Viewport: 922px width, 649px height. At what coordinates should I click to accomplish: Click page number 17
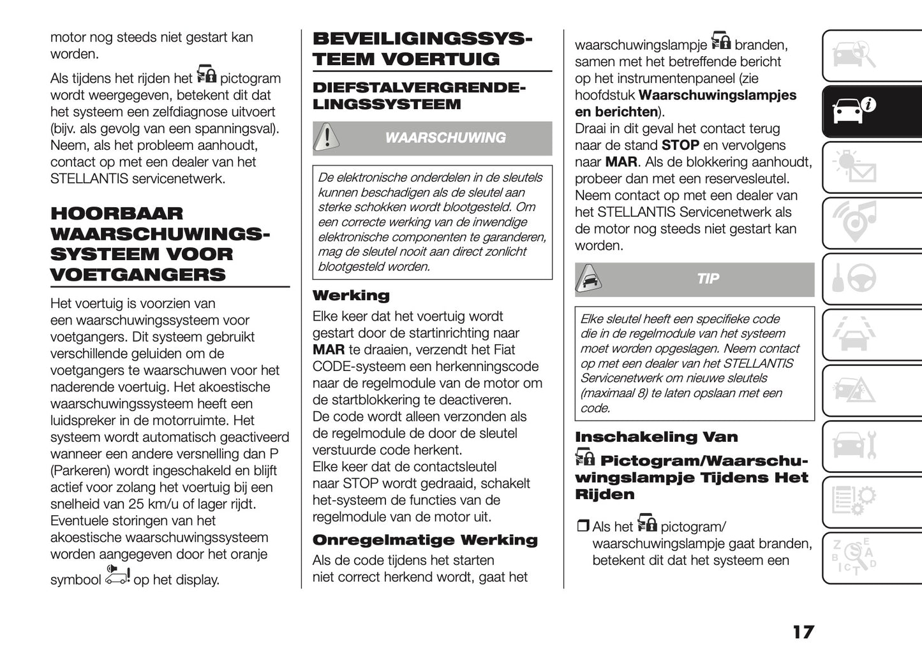tap(803, 632)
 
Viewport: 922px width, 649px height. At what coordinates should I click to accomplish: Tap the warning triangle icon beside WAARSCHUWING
tap(327, 138)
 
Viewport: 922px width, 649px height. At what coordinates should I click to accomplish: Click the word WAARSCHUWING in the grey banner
tap(445, 138)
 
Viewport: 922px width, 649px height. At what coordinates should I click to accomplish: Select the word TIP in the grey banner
tap(708, 279)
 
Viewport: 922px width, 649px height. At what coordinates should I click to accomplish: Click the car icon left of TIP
tap(590, 279)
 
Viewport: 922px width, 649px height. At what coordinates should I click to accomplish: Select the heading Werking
tap(351, 296)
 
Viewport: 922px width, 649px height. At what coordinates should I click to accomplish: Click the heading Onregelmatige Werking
tap(425, 541)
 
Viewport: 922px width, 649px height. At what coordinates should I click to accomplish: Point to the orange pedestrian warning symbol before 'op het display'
tap(117, 575)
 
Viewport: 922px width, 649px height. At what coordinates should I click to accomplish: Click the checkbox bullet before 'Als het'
tap(583, 527)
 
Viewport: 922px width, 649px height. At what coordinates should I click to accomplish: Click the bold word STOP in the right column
tap(680, 145)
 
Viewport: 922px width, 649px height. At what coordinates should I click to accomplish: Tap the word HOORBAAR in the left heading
tap(117, 214)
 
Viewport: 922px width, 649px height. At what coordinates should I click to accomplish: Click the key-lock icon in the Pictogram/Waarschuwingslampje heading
tap(584, 458)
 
